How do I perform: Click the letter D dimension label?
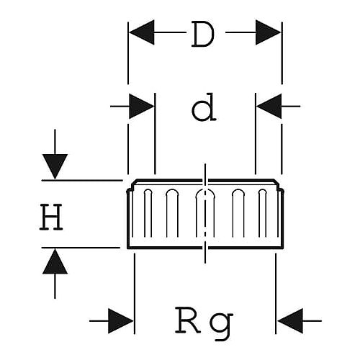click(203, 34)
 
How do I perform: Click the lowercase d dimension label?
click(204, 107)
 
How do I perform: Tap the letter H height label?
click(51, 217)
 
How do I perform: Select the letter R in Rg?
click(188, 320)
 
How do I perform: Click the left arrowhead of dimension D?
click(141, 32)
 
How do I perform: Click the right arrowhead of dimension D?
click(268, 32)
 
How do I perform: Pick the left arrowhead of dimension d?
click(141, 106)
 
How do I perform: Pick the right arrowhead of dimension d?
click(269, 106)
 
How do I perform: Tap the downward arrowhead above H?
click(55, 166)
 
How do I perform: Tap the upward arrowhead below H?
click(55, 261)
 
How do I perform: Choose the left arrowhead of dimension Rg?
click(121, 321)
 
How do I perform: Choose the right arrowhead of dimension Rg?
click(290, 321)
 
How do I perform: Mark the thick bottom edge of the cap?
click(205, 248)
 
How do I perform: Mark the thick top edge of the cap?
click(205, 180)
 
